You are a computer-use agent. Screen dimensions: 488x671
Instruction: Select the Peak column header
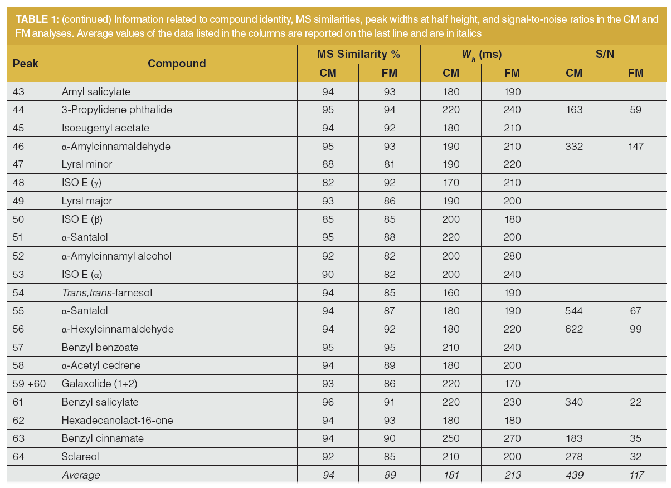[x=26, y=63]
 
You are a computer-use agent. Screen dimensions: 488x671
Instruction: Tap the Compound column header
[x=177, y=63]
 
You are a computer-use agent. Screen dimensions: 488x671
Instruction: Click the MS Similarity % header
[x=359, y=54]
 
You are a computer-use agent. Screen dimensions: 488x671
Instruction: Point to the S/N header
[x=604, y=54]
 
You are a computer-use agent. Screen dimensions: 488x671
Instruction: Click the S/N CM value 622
[x=573, y=329]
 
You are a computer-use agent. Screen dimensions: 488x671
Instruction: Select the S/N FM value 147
[x=635, y=146]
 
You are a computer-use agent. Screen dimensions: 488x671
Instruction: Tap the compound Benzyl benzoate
[x=100, y=347]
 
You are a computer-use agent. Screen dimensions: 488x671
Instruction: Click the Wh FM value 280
[x=512, y=256]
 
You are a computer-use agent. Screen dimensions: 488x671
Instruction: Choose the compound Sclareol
[x=81, y=457]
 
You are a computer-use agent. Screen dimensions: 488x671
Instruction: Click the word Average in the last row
[x=81, y=475]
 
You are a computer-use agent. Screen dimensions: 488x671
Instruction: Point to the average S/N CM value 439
[x=573, y=475]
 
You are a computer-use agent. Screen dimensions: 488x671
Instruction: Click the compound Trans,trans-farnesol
[x=107, y=292]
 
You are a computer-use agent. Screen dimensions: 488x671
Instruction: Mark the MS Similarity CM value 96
[x=328, y=402]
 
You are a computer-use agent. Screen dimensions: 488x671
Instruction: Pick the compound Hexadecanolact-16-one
[x=118, y=420]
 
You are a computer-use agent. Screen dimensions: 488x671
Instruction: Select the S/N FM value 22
[x=635, y=402]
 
